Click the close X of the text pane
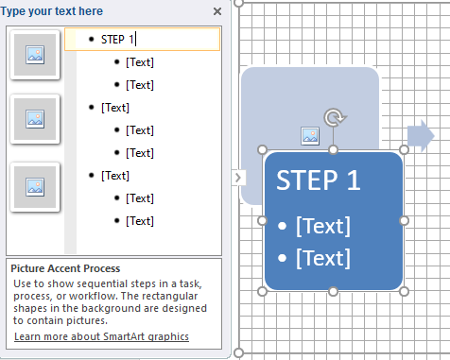point(217,11)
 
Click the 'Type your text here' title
point(51,11)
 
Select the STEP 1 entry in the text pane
point(117,40)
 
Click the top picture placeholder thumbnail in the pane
point(35,55)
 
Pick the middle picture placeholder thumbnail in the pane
point(35,119)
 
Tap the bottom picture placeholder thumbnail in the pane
point(35,187)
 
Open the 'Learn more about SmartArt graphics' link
point(101,336)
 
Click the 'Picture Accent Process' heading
point(65,268)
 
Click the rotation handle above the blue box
point(335,117)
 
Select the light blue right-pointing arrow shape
point(421,136)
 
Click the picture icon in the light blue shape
point(310,136)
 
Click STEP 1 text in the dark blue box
point(318,180)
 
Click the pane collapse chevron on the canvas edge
point(238,178)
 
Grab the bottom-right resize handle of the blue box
point(404,291)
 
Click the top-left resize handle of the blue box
point(262,150)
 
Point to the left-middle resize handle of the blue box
point(262,221)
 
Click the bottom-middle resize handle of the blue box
point(333,291)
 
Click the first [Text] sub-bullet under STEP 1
point(140,62)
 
